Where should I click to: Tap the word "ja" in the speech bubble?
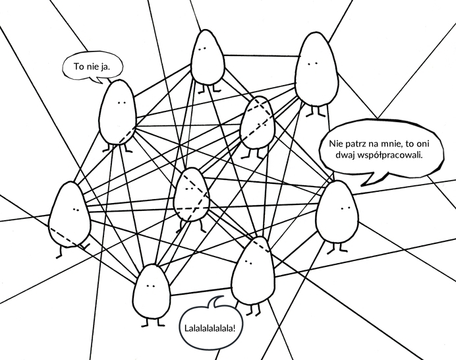[105, 67]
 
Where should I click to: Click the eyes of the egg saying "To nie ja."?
[121, 104]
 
